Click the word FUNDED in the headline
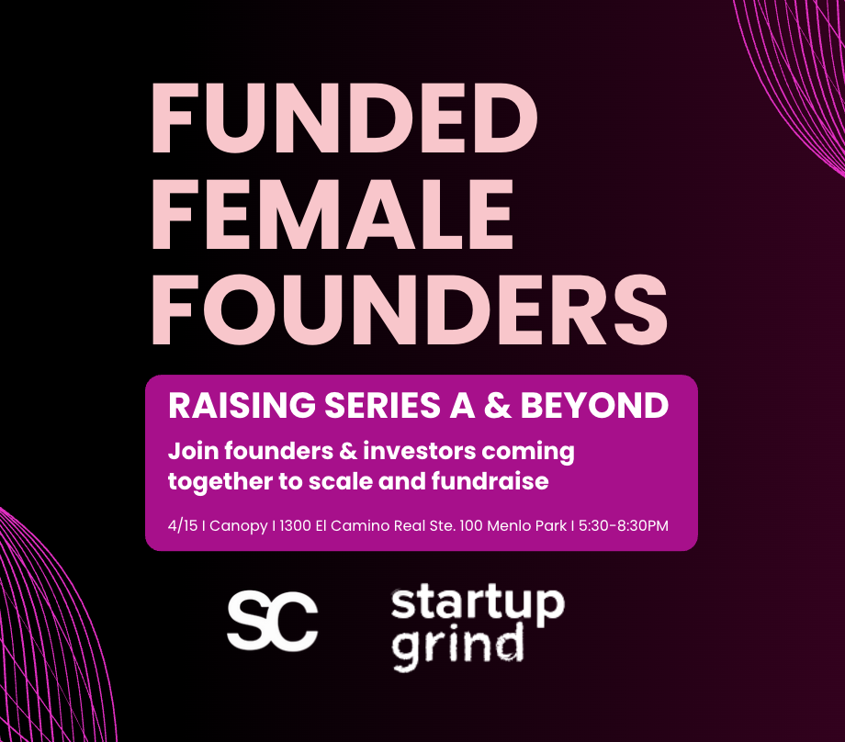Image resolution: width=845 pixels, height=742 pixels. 344,118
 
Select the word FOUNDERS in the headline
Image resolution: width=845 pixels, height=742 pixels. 410,309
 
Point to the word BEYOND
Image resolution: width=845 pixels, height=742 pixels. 594,405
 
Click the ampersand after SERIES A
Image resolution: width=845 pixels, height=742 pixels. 497,405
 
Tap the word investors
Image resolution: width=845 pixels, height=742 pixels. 419,451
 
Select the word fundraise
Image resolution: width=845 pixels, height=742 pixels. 490,480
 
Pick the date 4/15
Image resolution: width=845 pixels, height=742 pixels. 183,525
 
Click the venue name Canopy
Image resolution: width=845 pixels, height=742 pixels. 238,526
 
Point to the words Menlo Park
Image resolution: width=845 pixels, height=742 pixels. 527,525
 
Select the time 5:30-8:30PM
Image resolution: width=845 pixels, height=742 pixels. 624,525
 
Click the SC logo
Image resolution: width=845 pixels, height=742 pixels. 273,621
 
